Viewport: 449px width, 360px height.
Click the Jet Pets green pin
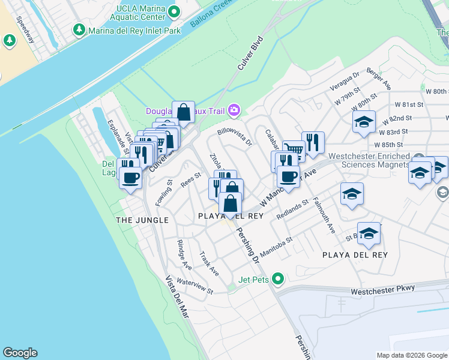coord(277,278)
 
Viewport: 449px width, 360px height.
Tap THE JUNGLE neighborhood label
coord(142,220)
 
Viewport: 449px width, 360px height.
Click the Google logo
coord(20,353)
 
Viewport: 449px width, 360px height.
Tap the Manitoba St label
coord(276,245)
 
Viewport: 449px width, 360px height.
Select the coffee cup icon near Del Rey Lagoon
coord(130,177)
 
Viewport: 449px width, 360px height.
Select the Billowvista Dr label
coord(235,136)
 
